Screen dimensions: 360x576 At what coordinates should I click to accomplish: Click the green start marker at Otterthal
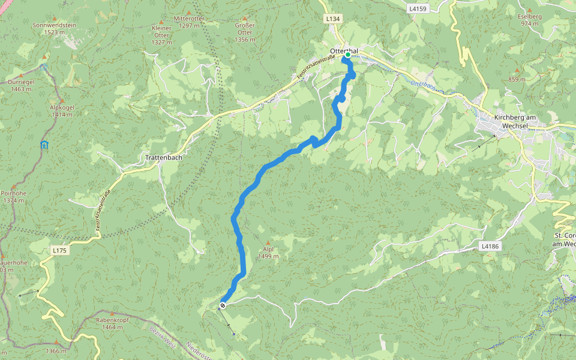(348, 55)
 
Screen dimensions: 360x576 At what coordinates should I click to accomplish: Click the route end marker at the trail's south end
(223, 305)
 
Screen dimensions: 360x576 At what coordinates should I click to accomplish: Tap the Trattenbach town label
(160, 158)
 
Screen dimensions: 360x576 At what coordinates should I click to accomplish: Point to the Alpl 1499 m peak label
(268, 253)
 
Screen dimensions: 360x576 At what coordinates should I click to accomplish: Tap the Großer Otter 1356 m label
(245, 32)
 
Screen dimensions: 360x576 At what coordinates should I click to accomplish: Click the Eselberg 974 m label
(530, 20)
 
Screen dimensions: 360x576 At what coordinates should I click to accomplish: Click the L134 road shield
(333, 19)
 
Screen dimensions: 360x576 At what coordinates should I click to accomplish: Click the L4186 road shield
(490, 246)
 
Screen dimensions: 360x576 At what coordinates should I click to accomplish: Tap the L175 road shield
(58, 250)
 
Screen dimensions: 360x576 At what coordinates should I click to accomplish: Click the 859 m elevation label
(517, 79)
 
